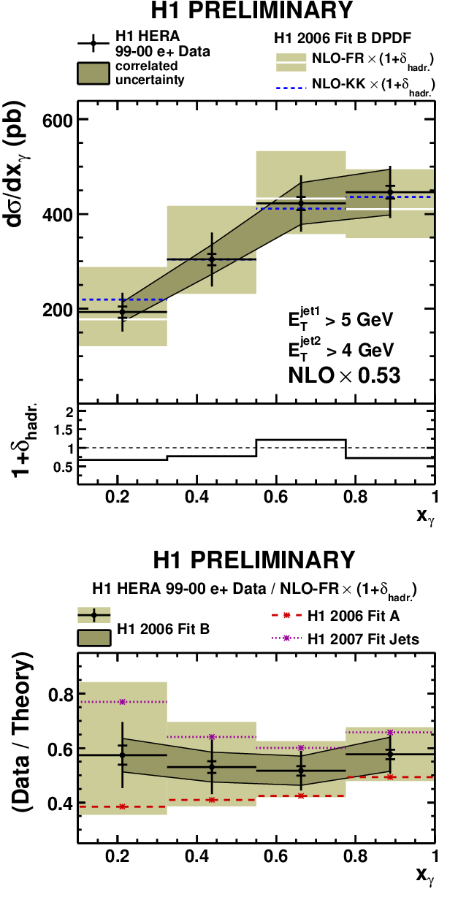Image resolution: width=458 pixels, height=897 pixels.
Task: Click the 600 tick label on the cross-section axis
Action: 57,120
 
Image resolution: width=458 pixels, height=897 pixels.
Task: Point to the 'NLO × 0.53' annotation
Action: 344,375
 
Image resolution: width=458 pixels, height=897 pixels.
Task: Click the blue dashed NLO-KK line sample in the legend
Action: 291,85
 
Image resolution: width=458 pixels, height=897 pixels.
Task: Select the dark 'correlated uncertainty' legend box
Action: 93,73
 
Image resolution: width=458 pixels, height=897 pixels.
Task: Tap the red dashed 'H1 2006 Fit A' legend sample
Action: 286,616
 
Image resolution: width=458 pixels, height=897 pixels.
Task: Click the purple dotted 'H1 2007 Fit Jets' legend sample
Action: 286,638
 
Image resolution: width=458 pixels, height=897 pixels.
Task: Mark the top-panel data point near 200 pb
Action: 123,312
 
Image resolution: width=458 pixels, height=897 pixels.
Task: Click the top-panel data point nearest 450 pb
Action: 390,192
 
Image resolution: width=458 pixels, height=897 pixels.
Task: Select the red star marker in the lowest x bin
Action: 123,806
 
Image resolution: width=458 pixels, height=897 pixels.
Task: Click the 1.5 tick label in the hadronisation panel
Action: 64,430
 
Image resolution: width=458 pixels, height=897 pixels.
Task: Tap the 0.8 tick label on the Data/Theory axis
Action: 61,695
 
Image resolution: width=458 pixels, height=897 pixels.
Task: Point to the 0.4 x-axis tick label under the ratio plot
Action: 196,856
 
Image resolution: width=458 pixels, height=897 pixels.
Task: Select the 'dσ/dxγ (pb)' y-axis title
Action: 16,164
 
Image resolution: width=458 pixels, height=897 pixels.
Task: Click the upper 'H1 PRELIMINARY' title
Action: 252,10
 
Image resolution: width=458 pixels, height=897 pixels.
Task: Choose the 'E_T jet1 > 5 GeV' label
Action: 340,318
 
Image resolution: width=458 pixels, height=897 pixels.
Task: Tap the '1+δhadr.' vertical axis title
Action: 24,440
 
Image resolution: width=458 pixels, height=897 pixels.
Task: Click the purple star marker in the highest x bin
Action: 390,733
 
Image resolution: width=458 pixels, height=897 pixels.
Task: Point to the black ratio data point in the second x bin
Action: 212,767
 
